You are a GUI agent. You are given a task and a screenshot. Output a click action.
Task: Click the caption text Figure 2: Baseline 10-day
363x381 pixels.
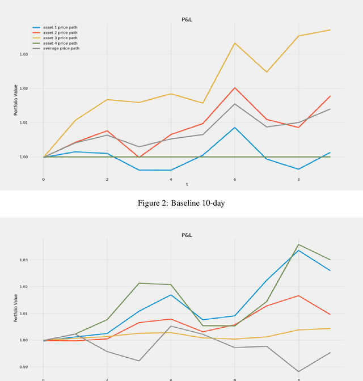(x=181, y=204)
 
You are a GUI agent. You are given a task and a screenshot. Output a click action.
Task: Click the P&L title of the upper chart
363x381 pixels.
(x=187, y=19)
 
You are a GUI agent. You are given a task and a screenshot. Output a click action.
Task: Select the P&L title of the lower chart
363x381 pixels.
(x=187, y=234)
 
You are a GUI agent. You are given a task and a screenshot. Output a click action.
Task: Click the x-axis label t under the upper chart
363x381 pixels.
(x=187, y=184)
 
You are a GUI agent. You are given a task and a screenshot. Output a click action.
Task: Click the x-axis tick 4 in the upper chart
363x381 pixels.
(x=171, y=179)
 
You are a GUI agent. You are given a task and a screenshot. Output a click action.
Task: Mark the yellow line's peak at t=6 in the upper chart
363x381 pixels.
(x=235, y=43)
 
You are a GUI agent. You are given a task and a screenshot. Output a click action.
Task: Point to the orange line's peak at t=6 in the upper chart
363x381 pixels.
(x=235, y=88)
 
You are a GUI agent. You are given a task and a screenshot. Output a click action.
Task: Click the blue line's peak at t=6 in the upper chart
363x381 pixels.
(x=235, y=127)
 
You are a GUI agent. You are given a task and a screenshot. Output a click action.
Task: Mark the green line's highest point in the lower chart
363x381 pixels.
(x=298, y=244)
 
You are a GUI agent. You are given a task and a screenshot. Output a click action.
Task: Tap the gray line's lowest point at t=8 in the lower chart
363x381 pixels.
(x=298, y=371)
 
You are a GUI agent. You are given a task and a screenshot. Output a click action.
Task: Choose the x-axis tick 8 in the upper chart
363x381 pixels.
(x=298, y=179)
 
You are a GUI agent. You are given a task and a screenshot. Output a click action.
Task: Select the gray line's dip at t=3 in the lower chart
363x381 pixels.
(x=139, y=361)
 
